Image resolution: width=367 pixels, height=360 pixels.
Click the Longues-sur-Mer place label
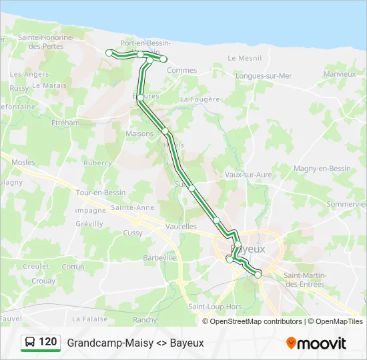tap(264, 75)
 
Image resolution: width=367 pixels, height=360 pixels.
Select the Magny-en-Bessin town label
tap(322, 169)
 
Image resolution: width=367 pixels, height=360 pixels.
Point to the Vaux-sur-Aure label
tap(248, 175)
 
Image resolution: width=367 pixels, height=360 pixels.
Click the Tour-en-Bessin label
tap(101, 193)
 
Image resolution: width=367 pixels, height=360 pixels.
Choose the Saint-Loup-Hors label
tap(215, 307)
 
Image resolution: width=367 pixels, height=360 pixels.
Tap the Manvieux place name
tap(339, 74)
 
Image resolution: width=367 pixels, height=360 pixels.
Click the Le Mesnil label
tap(245, 58)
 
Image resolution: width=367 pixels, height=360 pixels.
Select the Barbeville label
tap(160, 257)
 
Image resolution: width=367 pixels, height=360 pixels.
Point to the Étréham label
tap(66, 123)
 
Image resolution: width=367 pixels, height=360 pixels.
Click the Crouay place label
tap(43, 281)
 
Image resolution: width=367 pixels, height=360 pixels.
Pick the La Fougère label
tap(200, 99)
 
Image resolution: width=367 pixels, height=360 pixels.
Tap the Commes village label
tap(181, 70)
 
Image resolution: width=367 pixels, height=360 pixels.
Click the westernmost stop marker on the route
tap(109, 53)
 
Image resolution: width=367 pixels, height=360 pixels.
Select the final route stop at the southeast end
tap(258, 274)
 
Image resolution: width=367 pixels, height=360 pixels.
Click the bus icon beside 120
tap(29, 343)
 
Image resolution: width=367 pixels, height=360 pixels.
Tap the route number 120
tap(48, 342)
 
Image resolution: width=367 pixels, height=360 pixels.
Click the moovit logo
tap(316, 343)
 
